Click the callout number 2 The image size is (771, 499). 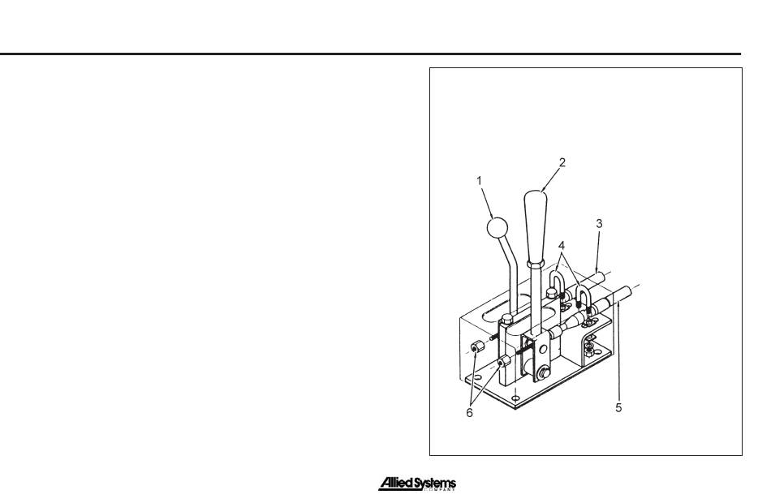(562, 162)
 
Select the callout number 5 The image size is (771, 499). (618, 409)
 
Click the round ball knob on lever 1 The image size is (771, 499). (497, 228)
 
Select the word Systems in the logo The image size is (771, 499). (438, 484)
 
